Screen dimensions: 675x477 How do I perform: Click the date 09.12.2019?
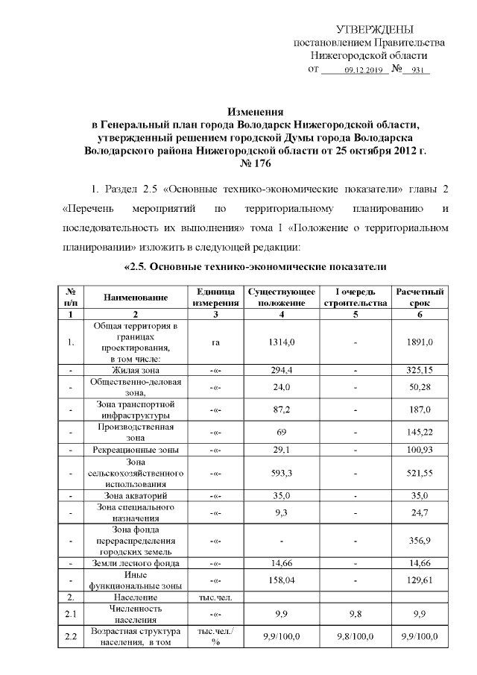coord(363,70)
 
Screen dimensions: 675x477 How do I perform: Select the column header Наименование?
coord(135,298)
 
